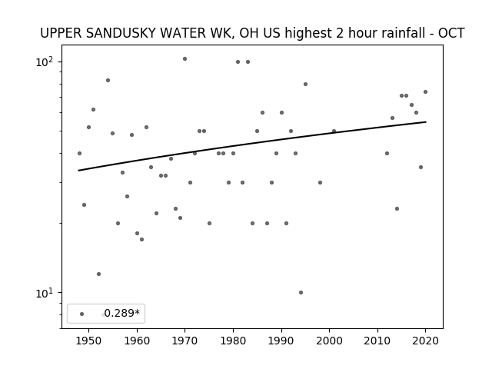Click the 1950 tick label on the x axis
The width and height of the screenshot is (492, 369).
point(89,341)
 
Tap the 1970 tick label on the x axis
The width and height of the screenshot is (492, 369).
point(184,341)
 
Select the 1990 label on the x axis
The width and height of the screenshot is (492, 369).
point(281,341)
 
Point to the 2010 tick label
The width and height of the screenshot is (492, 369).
point(377,341)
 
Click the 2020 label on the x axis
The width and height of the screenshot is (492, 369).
point(425,341)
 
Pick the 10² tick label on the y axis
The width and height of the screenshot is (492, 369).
point(47,61)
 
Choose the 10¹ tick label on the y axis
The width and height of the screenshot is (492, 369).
point(47,293)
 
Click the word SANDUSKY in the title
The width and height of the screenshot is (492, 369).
point(121,33)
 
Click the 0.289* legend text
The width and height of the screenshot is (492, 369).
point(121,313)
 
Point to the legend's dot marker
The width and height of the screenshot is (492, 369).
point(82,314)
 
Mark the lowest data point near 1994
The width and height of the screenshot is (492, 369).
point(301,292)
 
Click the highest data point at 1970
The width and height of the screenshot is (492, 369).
point(184,58)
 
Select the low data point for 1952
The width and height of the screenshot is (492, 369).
point(98,274)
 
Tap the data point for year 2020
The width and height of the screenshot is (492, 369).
point(425,92)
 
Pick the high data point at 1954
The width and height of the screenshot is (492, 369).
point(108,80)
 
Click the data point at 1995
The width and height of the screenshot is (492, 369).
point(306,84)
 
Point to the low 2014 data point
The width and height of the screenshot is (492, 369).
point(397,208)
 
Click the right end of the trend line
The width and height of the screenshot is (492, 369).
point(426,121)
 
